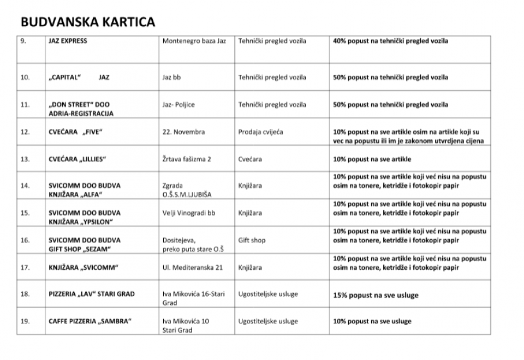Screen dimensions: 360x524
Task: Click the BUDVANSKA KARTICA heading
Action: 88,22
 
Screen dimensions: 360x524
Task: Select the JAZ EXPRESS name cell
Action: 68,41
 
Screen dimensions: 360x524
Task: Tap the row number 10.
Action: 25,78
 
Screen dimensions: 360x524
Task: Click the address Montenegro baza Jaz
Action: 194,41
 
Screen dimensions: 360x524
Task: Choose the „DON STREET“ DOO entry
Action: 79,105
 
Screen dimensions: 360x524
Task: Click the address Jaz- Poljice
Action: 178,105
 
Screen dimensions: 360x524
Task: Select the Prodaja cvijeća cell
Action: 261,132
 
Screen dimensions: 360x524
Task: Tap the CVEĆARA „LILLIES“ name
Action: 77,160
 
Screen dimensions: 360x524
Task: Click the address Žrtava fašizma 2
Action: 187,160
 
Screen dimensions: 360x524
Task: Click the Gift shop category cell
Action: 252,240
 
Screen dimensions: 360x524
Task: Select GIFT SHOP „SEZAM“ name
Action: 80,250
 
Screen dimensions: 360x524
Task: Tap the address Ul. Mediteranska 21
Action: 193,268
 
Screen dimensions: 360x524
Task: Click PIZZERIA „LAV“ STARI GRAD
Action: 91,294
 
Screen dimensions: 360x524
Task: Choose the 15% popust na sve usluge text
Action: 376,295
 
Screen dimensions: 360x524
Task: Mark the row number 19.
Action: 25,321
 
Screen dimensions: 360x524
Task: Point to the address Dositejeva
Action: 179,240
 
